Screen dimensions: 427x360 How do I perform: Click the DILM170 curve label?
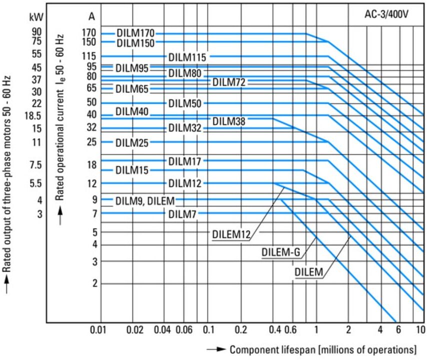135,33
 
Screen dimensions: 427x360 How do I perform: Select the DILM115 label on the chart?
187,57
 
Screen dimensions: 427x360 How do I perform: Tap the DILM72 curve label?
229,82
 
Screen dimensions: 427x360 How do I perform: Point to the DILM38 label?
229,121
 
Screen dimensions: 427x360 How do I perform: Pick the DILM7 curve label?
182,214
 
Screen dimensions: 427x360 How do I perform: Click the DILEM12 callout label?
231,234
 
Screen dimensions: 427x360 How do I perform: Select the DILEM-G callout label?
281,252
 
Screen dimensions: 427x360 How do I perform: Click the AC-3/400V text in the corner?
386,14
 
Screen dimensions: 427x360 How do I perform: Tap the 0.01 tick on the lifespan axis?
98,330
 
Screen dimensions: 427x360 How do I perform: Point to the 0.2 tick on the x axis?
240,330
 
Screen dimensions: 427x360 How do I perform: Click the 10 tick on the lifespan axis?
421,330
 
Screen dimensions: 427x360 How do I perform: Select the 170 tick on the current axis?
89,33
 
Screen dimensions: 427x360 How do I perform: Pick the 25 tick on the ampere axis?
92,142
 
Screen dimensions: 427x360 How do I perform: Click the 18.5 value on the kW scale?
32,116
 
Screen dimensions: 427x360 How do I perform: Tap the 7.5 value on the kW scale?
36,165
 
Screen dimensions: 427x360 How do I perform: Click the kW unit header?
36,17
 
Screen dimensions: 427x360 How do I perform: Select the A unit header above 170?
92,16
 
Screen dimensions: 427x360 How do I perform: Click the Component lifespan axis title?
323,349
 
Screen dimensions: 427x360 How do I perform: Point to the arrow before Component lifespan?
216,349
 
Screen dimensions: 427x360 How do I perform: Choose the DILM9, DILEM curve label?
145,201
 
